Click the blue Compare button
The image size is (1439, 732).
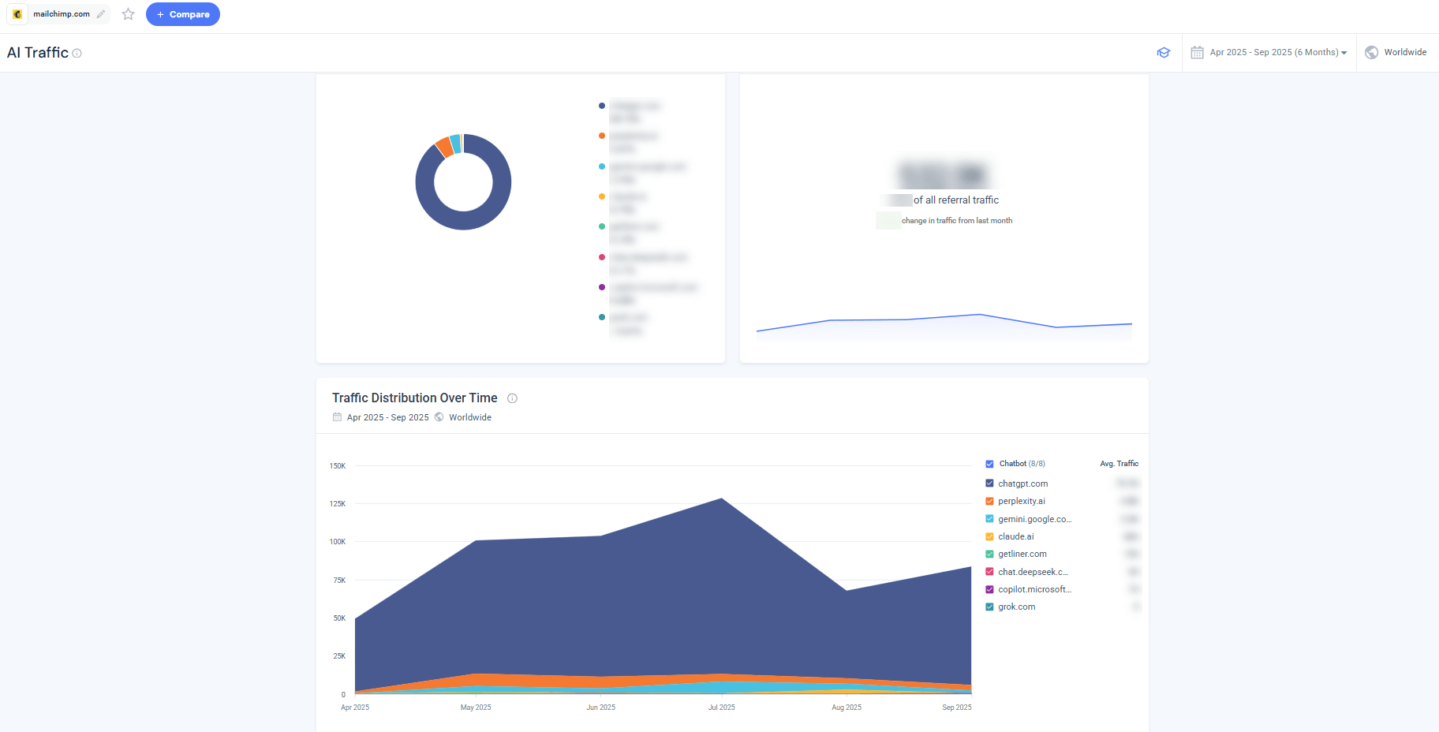182,14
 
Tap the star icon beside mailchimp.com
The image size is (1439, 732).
128,14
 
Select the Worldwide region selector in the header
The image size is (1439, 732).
1396,52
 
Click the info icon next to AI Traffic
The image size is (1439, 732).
77,54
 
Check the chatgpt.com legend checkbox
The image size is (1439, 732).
989,484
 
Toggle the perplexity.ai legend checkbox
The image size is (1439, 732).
989,501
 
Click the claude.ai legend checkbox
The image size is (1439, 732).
989,536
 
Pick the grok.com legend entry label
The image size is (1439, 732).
1016,607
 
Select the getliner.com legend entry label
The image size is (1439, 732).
1022,554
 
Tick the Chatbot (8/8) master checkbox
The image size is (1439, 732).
989,464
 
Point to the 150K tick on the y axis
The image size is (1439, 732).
338,466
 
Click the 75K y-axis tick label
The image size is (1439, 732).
339,580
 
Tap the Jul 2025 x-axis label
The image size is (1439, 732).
721,708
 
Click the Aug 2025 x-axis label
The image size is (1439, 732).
846,708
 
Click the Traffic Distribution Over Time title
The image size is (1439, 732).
414,398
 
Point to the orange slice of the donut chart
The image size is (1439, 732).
444,147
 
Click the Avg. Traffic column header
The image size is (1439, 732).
1119,464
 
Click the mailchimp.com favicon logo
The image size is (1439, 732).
17,14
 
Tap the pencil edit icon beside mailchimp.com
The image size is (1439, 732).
101,14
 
